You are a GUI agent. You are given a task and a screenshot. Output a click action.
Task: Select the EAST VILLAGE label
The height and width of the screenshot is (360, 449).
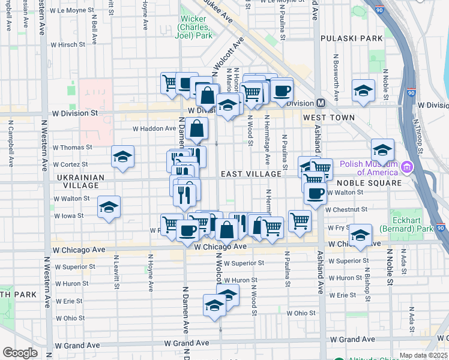[251, 174]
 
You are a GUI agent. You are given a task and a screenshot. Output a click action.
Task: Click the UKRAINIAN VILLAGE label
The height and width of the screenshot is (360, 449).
[81, 182]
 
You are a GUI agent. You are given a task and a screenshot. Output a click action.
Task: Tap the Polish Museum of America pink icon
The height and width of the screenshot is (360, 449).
[408, 166]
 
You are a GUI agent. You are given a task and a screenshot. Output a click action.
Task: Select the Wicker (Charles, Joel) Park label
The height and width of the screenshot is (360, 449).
[196, 27]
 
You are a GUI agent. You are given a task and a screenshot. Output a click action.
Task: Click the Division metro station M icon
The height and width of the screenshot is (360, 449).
[321, 103]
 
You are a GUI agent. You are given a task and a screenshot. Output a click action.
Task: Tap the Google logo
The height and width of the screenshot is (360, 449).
[20, 353]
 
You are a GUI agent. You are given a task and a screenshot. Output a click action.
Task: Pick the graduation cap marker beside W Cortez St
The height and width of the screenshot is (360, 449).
[122, 157]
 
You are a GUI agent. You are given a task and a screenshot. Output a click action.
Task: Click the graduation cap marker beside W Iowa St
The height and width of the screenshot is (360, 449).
[109, 207]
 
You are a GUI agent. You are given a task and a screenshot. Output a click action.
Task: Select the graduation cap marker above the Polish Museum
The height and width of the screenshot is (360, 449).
[382, 149]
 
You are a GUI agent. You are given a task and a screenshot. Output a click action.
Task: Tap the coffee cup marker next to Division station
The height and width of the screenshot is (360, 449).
[282, 91]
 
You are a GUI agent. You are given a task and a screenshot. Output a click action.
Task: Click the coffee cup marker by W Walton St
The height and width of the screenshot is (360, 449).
[315, 194]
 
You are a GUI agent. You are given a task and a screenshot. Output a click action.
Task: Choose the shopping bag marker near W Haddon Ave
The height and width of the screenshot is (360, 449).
[197, 128]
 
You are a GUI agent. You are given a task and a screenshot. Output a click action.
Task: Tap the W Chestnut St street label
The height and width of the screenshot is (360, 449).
[346, 209]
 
